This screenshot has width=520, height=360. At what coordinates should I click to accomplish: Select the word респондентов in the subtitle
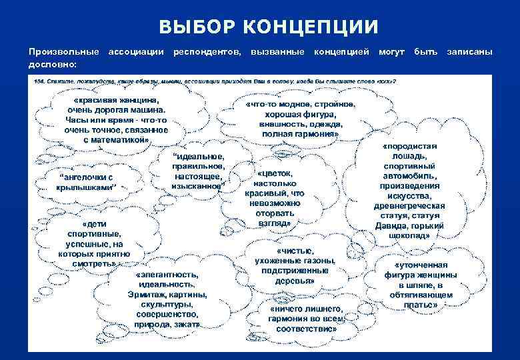(208, 51)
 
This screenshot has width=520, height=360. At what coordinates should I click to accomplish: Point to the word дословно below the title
(52, 64)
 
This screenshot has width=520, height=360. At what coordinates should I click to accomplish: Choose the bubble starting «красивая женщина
(113, 120)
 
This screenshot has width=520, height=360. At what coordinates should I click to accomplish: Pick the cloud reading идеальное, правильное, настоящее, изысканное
(199, 170)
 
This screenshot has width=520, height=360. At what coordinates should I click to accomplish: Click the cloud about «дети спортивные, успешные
(98, 244)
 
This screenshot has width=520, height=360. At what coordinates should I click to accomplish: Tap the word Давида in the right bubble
(397, 225)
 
